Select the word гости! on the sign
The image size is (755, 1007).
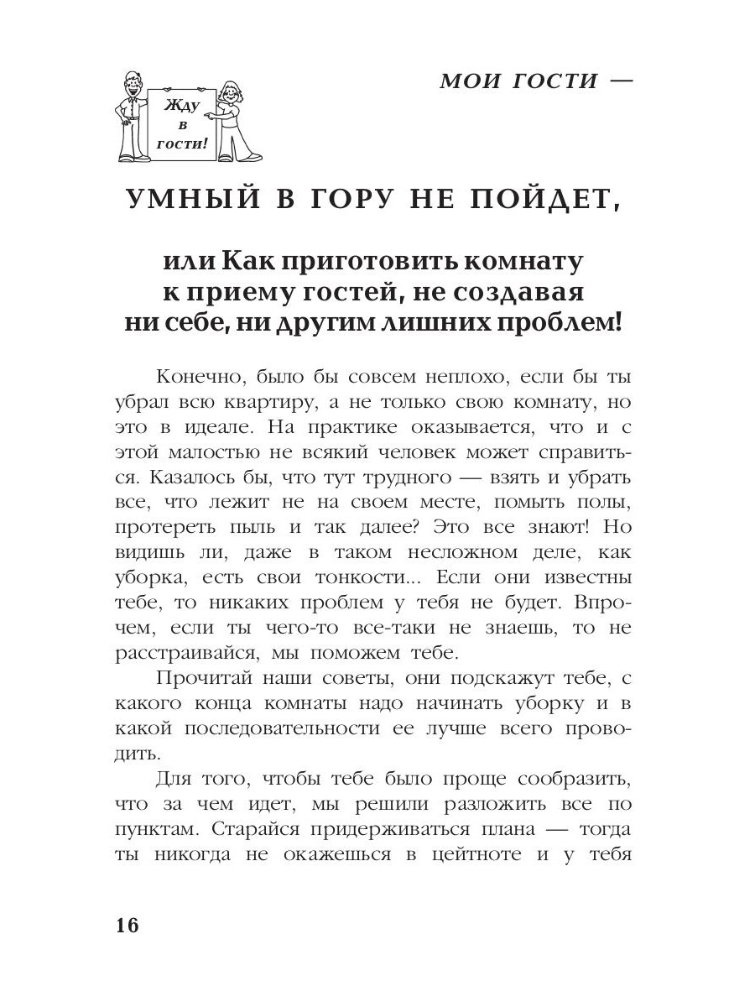179,143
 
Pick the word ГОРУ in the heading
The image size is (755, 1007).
346,201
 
